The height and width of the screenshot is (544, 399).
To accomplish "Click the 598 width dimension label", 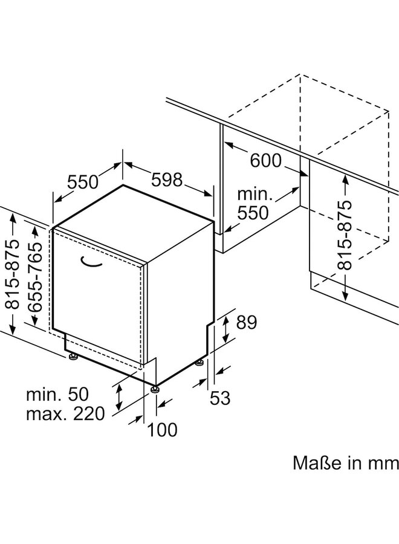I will [x=166, y=180].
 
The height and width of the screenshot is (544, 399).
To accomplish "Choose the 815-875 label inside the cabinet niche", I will [x=344, y=236].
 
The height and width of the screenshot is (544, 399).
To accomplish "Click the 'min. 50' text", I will [x=57, y=395].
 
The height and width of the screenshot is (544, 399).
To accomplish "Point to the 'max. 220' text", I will [x=65, y=413].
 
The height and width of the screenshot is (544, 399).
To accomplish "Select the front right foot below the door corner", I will [x=156, y=389].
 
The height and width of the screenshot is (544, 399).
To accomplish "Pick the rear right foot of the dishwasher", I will [x=199, y=363].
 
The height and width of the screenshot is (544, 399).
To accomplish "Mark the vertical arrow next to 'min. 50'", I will [x=119, y=396].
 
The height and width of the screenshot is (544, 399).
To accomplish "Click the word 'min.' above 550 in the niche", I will [x=255, y=195].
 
